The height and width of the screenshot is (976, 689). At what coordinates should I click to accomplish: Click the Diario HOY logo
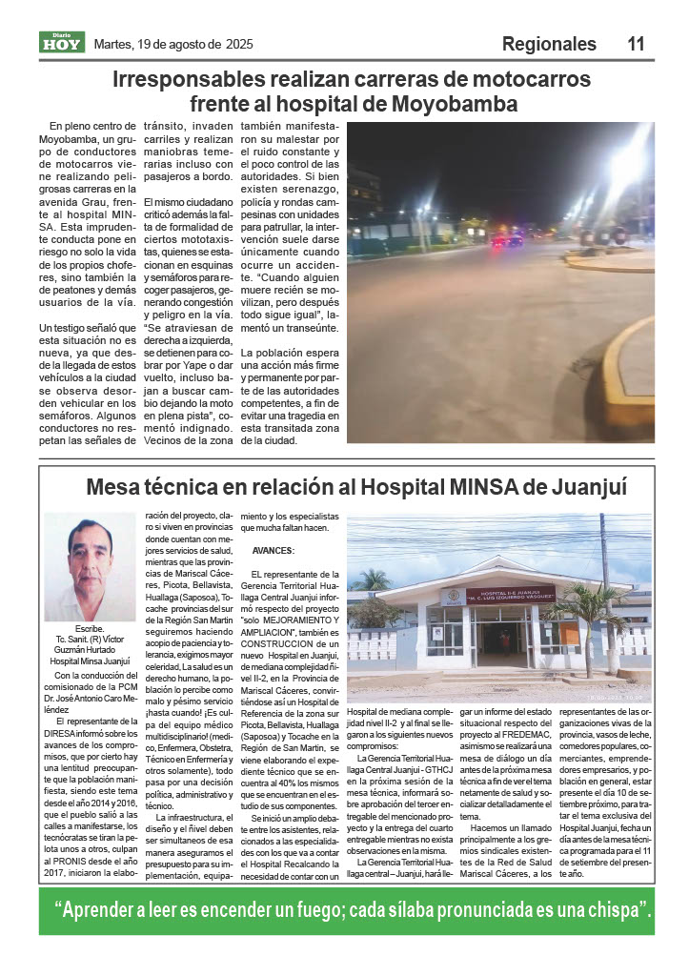point(62,42)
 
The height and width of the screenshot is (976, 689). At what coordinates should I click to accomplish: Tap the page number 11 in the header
point(637,44)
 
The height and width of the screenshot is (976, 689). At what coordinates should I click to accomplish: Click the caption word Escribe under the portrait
point(89,630)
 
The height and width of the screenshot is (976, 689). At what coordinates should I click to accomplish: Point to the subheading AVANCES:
point(274,551)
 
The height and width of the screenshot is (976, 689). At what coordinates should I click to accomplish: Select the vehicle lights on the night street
point(506,241)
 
